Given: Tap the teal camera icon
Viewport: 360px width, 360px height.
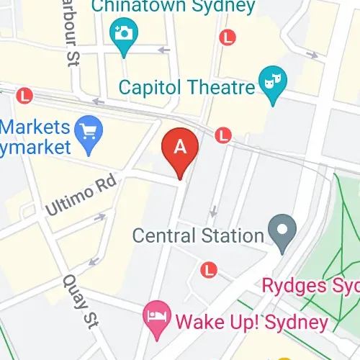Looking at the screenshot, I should point(124,32).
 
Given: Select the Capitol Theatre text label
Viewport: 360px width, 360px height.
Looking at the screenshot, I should point(186,88).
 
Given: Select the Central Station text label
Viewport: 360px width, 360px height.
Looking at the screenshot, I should point(198,235).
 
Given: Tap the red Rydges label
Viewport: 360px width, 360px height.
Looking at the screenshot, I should point(309,286).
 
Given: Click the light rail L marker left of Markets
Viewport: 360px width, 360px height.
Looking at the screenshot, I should point(26,94).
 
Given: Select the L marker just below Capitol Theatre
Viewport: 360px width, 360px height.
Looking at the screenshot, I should point(224,134).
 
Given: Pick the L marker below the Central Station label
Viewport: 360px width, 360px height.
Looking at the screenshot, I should point(209,269).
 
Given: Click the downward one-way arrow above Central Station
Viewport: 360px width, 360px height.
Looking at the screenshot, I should point(212,212).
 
